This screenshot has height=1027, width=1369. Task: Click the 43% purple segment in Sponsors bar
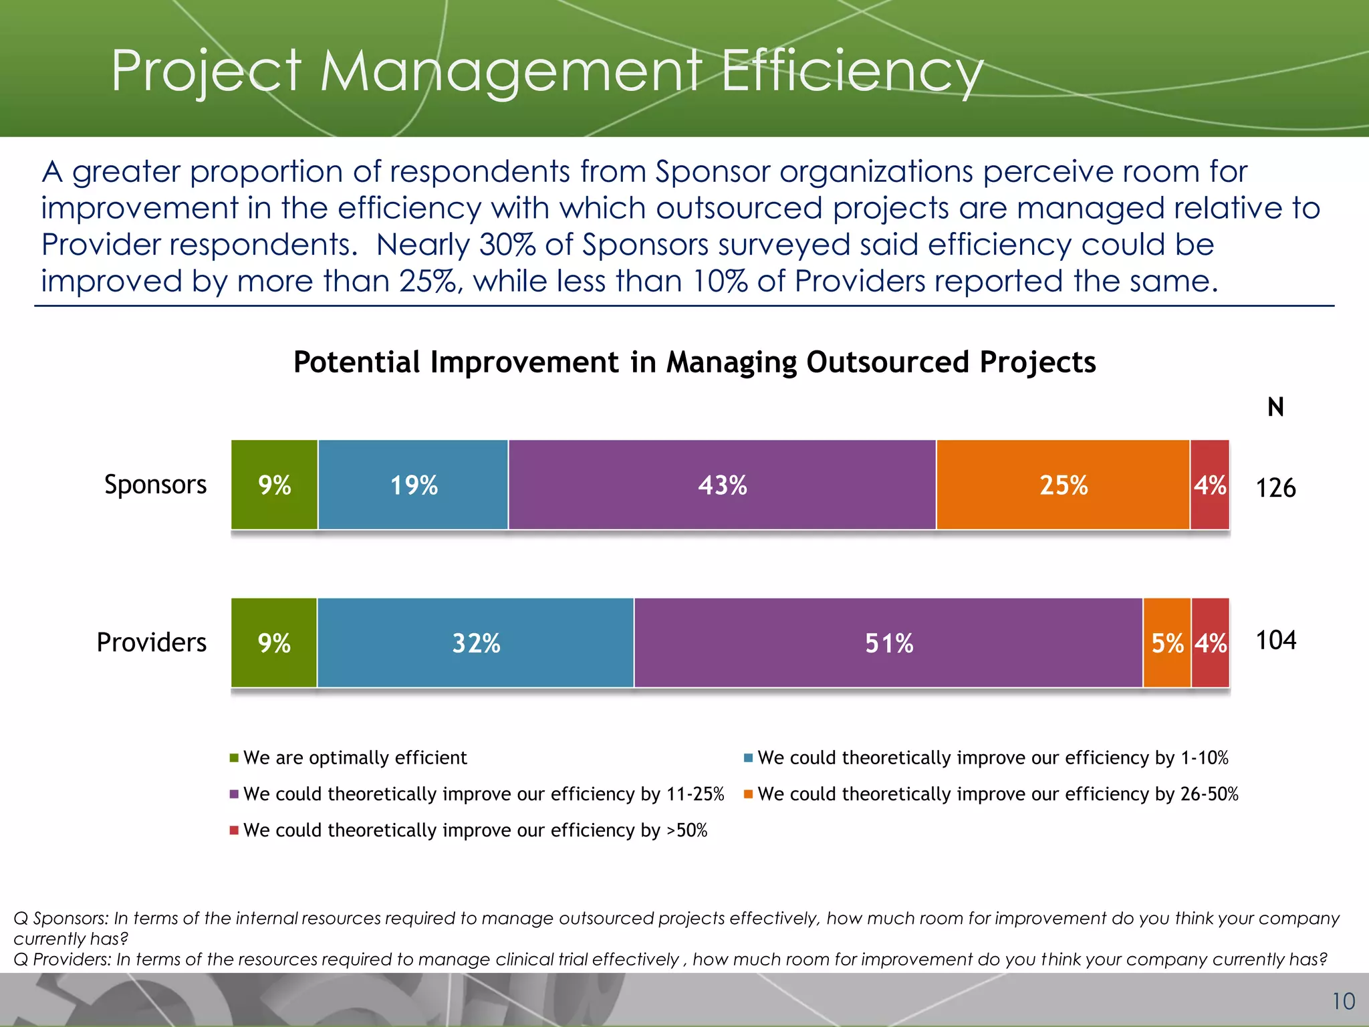(x=722, y=485)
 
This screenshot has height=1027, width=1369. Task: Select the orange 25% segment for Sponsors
(x=1063, y=485)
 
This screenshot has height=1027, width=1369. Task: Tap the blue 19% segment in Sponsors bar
(x=413, y=485)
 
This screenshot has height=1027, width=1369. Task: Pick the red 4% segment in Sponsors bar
(x=1210, y=485)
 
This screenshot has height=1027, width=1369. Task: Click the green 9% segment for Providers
(x=274, y=643)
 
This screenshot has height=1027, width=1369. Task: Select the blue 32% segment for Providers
(x=476, y=643)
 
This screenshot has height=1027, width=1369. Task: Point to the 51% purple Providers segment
(x=888, y=643)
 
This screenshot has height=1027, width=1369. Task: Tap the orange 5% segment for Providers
(x=1167, y=643)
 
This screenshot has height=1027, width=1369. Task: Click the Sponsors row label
(x=155, y=484)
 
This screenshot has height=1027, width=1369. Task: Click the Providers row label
(x=152, y=643)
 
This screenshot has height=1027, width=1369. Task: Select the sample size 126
(x=1275, y=487)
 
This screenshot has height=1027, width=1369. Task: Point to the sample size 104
(x=1275, y=641)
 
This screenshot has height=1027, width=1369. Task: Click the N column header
(x=1275, y=407)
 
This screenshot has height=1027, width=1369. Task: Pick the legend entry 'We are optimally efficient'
(x=354, y=758)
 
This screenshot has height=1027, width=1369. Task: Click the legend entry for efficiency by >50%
(x=475, y=830)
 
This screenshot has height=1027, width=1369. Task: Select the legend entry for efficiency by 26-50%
(x=997, y=794)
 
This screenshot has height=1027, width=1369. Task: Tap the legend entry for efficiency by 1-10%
(x=993, y=758)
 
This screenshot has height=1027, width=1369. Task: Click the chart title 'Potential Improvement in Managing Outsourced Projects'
(x=695, y=362)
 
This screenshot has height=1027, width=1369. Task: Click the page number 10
(x=1343, y=1001)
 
